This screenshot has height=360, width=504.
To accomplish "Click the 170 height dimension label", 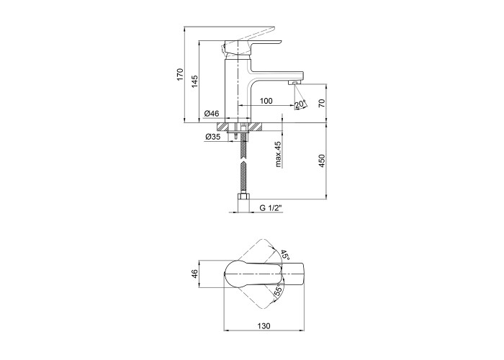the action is pos(180,75).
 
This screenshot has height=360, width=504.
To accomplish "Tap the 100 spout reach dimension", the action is pos(266,101).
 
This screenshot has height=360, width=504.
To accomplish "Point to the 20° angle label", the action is pos(300,104).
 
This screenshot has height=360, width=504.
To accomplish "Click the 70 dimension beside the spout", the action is pos(322,103).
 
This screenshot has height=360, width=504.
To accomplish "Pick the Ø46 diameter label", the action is pos(212,114).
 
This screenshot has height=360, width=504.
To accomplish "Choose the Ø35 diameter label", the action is pos(213,137).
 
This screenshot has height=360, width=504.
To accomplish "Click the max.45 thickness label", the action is pos(279,155).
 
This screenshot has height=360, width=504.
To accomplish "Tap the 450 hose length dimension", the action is pos(322,161).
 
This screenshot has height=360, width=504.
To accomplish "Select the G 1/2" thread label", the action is pos(271,208).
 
